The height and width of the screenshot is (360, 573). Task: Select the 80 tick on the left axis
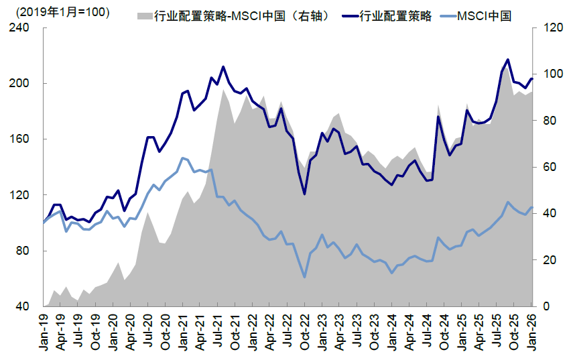point(24,251)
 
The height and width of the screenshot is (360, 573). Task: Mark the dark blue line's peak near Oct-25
point(507,60)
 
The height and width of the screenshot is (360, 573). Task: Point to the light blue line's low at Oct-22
point(305,277)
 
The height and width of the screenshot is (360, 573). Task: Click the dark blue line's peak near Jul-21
point(223,67)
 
